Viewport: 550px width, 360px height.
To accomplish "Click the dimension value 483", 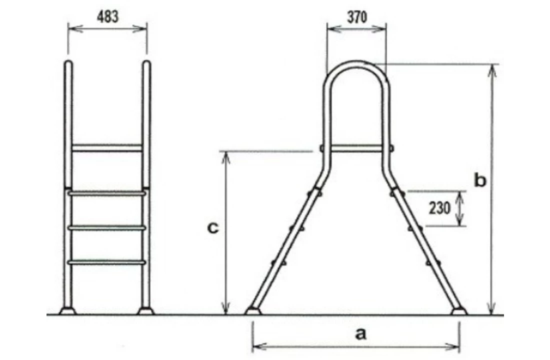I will point(107,16).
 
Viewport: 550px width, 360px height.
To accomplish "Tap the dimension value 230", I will point(439,207).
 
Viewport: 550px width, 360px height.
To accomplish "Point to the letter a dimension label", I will point(360,334).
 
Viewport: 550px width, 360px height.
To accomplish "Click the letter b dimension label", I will point(479,181).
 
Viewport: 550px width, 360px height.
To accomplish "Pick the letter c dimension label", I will point(212,228).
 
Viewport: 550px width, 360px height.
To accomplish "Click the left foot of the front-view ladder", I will point(67,311).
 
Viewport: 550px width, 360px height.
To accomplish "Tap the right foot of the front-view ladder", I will point(146,311).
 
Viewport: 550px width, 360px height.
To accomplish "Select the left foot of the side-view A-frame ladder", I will point(252,311).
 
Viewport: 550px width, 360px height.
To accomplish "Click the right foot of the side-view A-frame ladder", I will point(459,311).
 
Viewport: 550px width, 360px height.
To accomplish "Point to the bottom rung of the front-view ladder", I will point(107,261).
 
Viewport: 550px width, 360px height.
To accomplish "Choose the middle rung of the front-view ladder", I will point(107,227).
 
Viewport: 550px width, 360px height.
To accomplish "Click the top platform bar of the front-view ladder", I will point(107,148).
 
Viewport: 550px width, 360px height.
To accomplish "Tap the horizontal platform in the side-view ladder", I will point(356,148).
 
